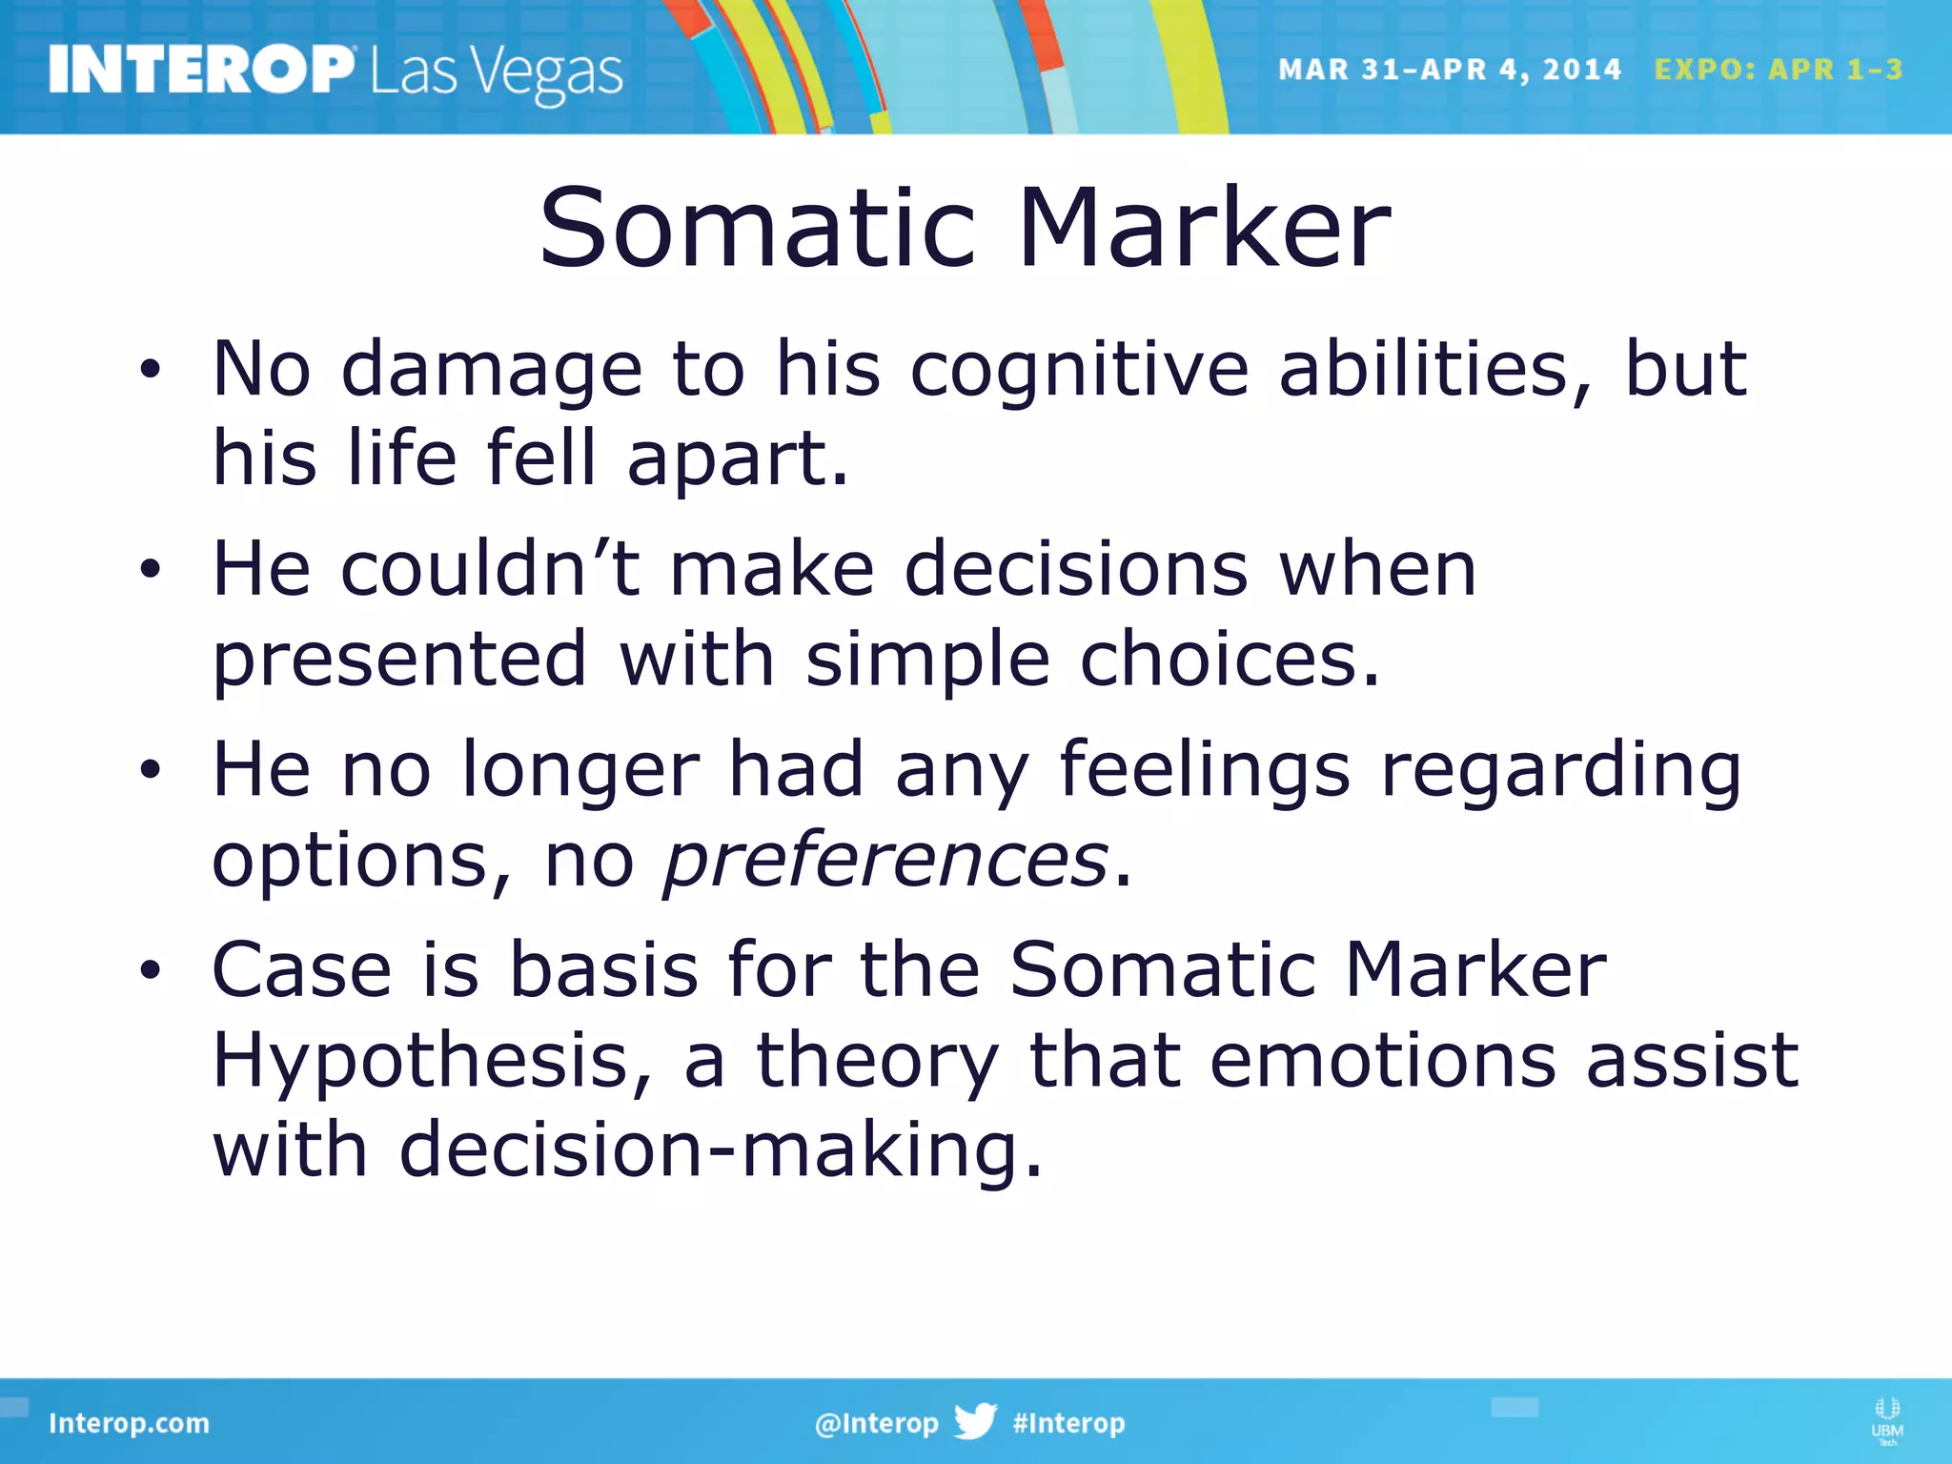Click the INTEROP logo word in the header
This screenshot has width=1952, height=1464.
[200, 70]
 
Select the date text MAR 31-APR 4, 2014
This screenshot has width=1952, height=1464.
[1449, 70]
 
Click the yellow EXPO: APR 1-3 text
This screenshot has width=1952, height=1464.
[1778, 70]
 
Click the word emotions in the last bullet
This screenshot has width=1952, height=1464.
[1382, 1061]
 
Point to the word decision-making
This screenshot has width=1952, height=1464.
[720, 1150]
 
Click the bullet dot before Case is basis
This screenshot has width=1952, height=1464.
[150, 970]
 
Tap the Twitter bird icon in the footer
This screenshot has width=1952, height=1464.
[975, 1422]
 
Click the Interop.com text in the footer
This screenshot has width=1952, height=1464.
[129, 1423]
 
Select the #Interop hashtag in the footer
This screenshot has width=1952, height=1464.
[1068, 1423]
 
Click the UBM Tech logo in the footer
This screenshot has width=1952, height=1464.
[1886, 1420]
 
